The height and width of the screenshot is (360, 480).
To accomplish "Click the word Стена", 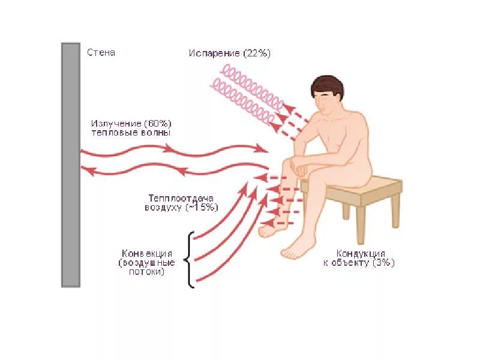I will [x=101, y=53].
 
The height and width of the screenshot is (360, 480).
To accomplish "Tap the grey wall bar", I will [x=70, y=165].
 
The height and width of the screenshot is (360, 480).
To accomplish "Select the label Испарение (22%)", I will [x=230, y=53].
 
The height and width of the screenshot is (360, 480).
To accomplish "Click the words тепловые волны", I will [x=131, y=133].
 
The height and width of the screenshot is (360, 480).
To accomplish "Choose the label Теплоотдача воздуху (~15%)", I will [x=181, y=202].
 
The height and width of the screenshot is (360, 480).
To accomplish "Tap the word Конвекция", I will [x=147, y=253].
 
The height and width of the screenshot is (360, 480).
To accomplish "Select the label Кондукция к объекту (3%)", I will [x=361, y=258].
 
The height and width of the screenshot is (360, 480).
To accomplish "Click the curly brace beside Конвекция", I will [x=191, y=260].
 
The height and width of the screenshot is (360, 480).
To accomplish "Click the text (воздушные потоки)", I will [x=147, y=267].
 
